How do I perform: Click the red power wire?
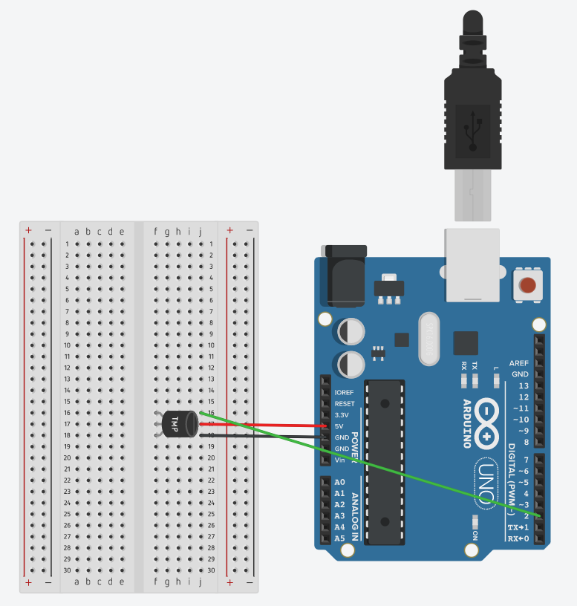pyautogui.click(x=267, y=425)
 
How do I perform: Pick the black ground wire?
pyautogui.click(x=267, y=436)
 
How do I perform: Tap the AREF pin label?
pyautogui.click(x=519, y=363)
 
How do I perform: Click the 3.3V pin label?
pyautogui.click(x=342, y=414)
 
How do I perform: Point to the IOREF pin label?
pyautogui.click(x=345, y=392)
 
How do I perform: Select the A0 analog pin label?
pyautogui.click(x=339, y=482)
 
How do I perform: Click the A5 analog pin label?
pyautogui.click(x=339, y=538)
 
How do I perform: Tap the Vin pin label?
pyautogui.click(x=341, y=460)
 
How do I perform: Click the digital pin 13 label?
pyautogui.click(x=524, y=385)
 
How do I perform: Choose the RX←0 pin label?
pyautogui.click(x=518, y=538)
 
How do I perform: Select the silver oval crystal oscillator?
pyautogui.click(x=430, y=339)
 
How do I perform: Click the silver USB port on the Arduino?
pyautogui.click(x=472, y=264)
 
